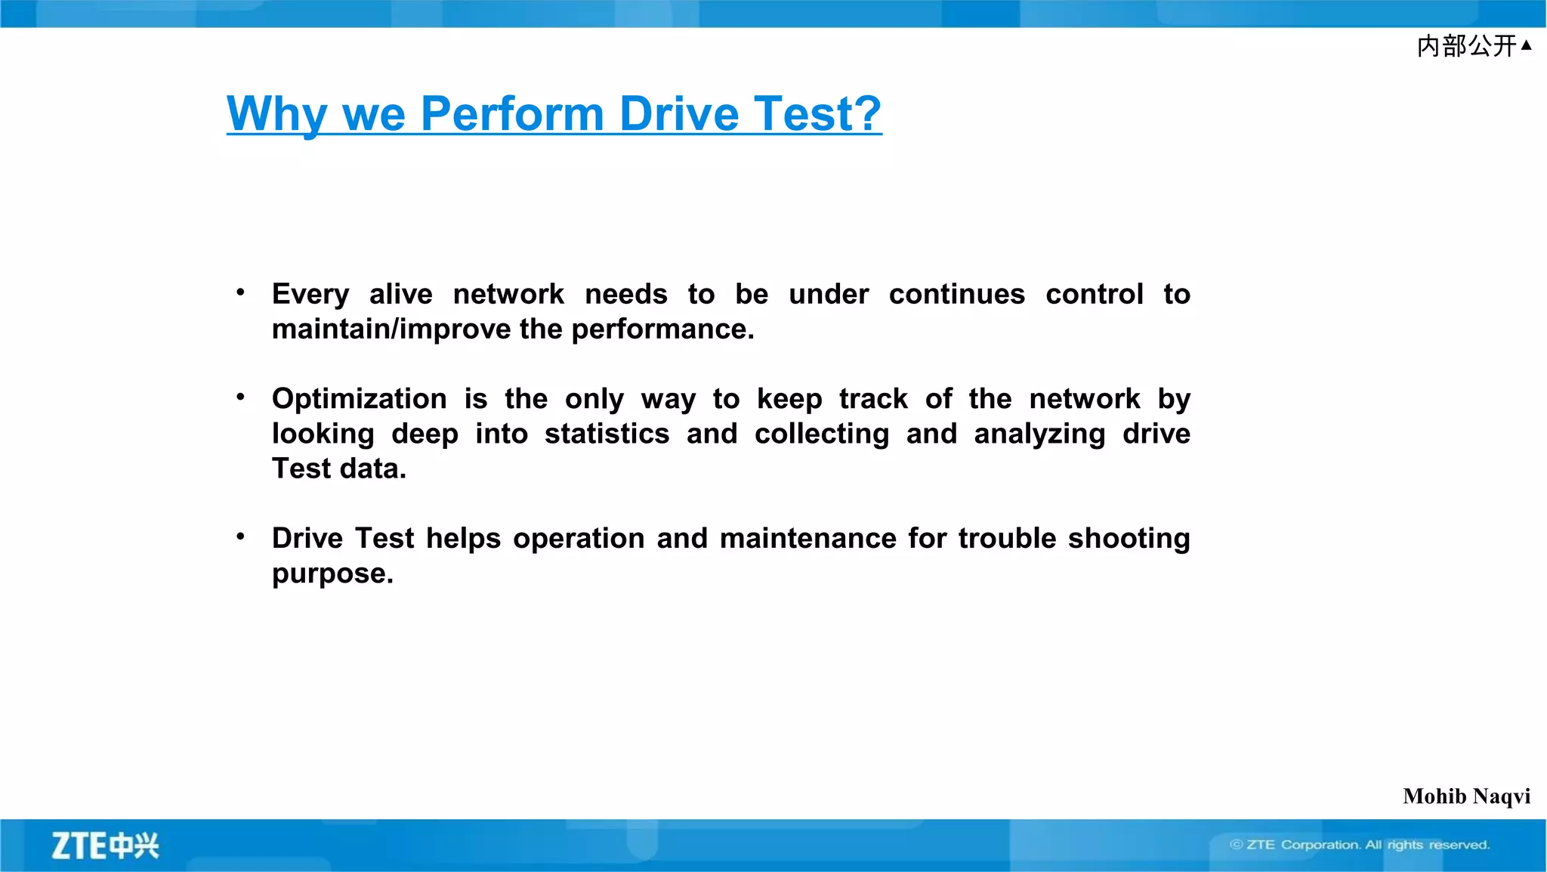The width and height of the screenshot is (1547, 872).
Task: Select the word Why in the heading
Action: pyautogui.click(x=276, y=114)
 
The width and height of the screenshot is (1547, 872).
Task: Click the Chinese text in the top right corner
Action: pyautogui.click(x=1465, y=46)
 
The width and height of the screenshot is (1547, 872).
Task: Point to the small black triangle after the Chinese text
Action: pyautogui.click(x=1526, y=45)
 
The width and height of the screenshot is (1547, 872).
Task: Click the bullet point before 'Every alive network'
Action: pyautogui.click(x=240, y=292)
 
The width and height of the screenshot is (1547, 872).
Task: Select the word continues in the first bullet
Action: pyautogui.click(x=956, y=294)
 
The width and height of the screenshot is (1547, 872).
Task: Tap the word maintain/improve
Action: pyautogui.click(x=391, y=329)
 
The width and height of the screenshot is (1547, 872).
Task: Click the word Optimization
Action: pyautogui.click(x=360, y=399)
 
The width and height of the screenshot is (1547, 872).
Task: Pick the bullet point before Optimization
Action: pyautogui.click(x=240, y=397)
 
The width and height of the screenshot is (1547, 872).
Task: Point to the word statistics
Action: pyautogui.click(x=607, y=434)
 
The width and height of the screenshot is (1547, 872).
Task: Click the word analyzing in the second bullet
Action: pyautogui.click(x=1039, y=434)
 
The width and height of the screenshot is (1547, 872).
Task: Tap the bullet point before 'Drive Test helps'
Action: pyautogui.click(x=240, y=536)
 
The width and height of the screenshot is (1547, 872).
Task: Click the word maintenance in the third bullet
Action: pyautogui.click(x=807, y=539)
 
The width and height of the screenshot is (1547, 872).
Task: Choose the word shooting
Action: pyautogui.click(x=1129, y=539)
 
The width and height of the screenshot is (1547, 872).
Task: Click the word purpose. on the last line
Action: pyautogui.click(x=332, y=574)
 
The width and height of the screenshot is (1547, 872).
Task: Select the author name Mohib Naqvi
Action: pyautogui.click(x=1466, y=796)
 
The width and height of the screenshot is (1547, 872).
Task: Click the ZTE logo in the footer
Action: pyautogui.click(x=105, y=846)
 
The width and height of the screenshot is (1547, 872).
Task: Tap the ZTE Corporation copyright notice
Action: pyautogui.click(x=1360, y=845)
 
